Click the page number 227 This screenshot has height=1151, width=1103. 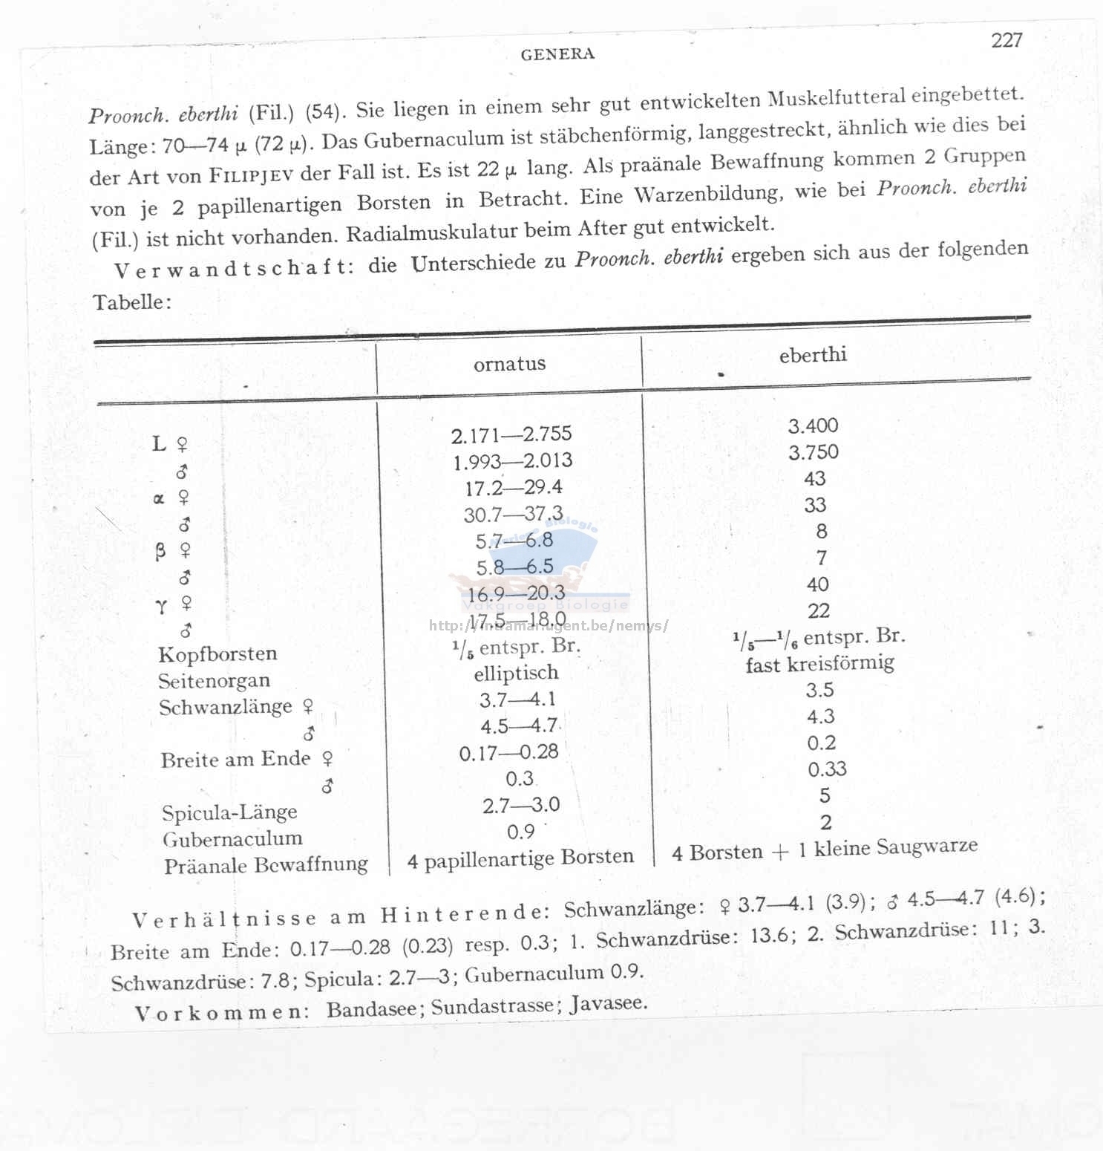click(x=1007, y=40)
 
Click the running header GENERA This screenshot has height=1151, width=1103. click(x=557, y=54)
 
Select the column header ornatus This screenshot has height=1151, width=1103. click(x=509, y=364)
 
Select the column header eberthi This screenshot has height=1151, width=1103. click(x=813, y=355)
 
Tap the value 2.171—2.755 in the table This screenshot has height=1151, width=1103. click(x=511, y=434)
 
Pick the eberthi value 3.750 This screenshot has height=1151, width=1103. click(x=814, y=452)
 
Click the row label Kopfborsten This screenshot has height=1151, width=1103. click(x=217, y=654)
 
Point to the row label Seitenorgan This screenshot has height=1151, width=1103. click(x=214, y=681)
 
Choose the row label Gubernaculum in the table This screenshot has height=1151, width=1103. click(x=232, y=839)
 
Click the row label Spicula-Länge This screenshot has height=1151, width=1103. click(x=229, y=812)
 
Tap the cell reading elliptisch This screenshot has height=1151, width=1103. click(x=516, y=674)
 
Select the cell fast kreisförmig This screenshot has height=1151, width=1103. click(x=819, y=663)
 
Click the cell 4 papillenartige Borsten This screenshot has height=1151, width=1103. click(x=520, y=858)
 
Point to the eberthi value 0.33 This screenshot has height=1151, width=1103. click(x=827, y=769)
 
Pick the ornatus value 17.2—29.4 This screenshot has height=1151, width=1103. click(x=514, y=488)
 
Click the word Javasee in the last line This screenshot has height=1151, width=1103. click(x=608, y=1003)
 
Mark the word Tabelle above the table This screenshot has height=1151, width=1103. click(x=131, y=302)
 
